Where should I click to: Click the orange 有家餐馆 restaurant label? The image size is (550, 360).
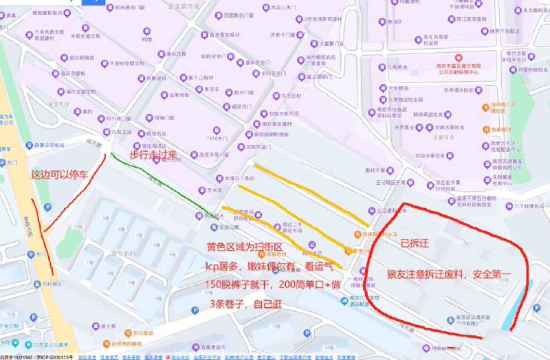[503, 128]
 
